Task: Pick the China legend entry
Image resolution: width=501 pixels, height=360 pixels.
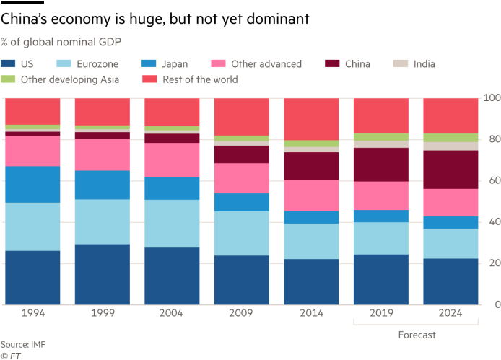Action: click(x=357, y=63)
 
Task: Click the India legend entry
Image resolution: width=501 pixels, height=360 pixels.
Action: click(x=424, y=63)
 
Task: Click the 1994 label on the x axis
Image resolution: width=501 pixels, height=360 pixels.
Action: click(x=32, y=315)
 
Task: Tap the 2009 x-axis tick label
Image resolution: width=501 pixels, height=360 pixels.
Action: click(x=241, y=315)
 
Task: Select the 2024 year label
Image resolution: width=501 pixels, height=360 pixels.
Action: click(x=450, y=315)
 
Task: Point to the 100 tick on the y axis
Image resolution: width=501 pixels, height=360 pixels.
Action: click(x=491, y=97)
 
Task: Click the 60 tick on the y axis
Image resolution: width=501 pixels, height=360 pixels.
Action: click(x=491, y=180)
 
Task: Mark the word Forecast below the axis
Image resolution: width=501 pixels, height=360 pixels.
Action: click(x=417, y=335)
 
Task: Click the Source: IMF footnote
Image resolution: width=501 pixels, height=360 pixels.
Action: click(x=23, y=344)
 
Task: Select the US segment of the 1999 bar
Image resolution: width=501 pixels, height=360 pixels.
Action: click(x=103, y=274)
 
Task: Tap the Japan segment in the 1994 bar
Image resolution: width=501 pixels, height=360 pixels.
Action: click(x=32, y=184)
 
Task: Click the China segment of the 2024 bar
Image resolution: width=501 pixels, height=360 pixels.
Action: click(x=450, y=170)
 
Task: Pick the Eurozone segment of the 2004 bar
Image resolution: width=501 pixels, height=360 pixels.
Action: click(x=172, y=224)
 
